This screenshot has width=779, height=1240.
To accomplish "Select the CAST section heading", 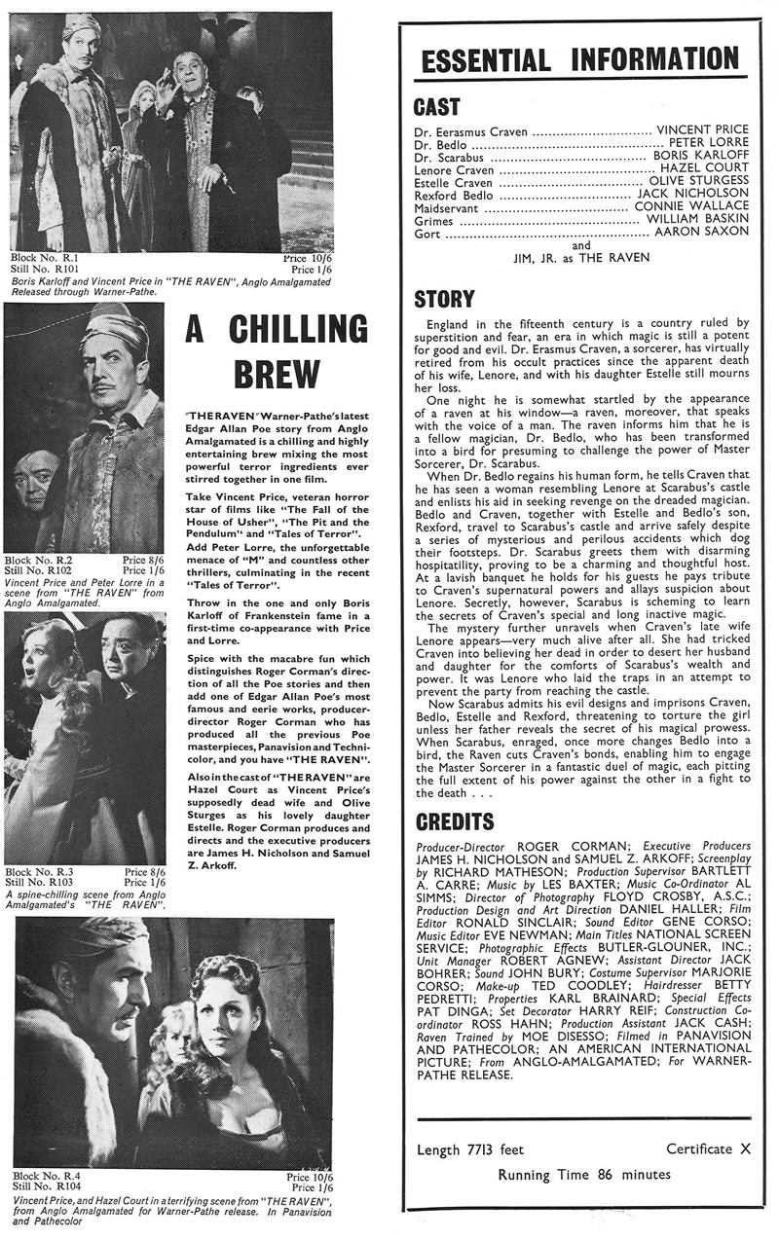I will (x=437, y=106).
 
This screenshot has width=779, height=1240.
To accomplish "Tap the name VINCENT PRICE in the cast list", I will (x=704, y=129).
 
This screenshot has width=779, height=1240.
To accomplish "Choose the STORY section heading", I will (x=445, y=298).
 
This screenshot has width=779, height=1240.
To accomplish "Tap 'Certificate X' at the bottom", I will (x=708, y=1149).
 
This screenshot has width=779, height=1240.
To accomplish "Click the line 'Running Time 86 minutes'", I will (x=583, y=1174).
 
